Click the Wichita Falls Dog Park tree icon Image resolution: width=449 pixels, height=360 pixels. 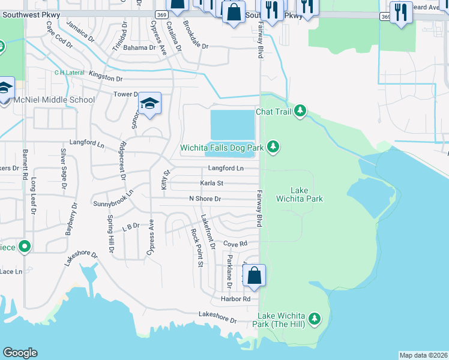pos(274,147)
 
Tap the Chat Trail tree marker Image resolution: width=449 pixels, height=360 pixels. pos(300,112)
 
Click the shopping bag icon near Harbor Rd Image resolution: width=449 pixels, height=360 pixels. pos(255,276)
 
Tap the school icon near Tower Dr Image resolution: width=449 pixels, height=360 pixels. pos(150,104)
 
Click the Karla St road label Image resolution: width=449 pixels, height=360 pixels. pos(211,183)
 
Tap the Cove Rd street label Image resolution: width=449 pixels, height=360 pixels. pos(235,244)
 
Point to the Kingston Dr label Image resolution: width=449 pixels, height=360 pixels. pos(106,78)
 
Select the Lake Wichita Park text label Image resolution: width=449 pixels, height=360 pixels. pos(299,194)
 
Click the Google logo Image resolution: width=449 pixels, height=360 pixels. pos(20,353)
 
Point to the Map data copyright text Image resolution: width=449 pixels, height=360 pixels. pos(423,355)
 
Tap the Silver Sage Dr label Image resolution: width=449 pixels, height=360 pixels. pos(63,167)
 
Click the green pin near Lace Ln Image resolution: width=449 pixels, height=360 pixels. pos(25,246)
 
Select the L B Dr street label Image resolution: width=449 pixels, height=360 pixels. pos(130,227)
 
